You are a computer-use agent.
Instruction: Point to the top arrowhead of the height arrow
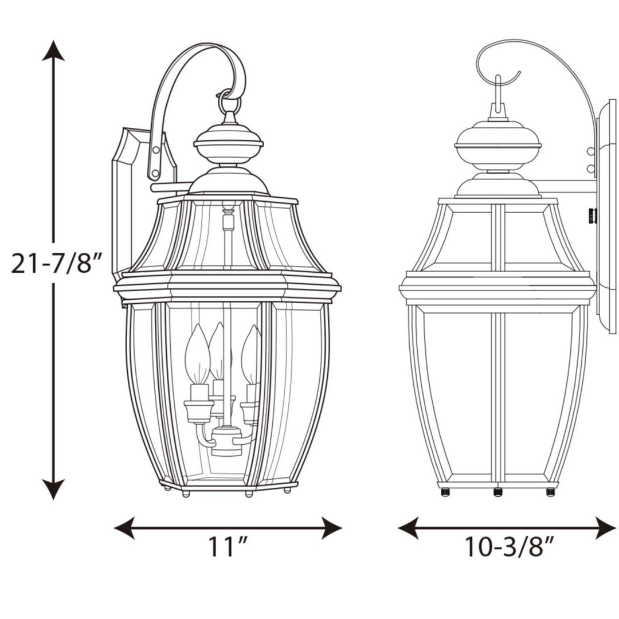pyautogui.click(x=53, y=50)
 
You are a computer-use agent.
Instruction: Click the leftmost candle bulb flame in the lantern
pyautogui.click(x=197, y=354)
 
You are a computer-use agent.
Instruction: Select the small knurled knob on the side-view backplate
pyautogui.click(x=593, y=216)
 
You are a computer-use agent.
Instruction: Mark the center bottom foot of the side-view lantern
pyautogui.click(x=497, y=492)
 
